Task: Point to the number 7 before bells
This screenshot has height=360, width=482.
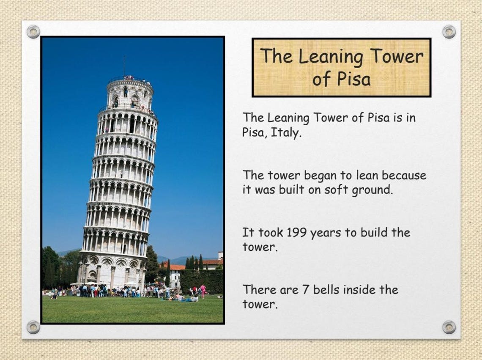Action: pyautogui.click(x=296, y=290)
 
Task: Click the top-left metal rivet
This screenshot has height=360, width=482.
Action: pyautogui.click(x=33, y=31)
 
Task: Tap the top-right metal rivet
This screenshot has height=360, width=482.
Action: pyautogui.click(x=449, y=31)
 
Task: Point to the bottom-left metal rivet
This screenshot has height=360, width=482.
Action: pyautogui.click(x=33, y=327)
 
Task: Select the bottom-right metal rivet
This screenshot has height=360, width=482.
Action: pyautogui.click(x=449, y=327)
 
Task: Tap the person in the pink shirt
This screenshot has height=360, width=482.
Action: pyautogui.click(x=203, y=289)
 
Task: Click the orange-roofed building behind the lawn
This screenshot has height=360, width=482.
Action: pyautogui.click(x=175, y=273)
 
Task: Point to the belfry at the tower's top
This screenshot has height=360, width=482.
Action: pyautogui.click(x=129, y=94)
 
